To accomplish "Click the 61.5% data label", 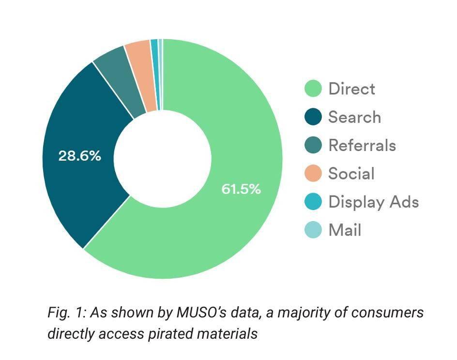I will tap(241, 189).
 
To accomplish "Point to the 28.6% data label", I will tap(80, 156).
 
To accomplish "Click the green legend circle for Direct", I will tap(313, 89).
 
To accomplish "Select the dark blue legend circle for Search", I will tap(313, 117).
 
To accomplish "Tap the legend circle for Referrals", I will tap(313, 145).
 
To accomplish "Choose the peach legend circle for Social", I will tap(313, 173).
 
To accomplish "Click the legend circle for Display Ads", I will tap(313, 201).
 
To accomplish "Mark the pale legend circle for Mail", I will tap(313, 229).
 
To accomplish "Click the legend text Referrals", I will tap(362, 145).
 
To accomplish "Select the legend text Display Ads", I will tap(373, 201).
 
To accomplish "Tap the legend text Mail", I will tap(345, 229).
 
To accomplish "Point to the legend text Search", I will tap(354, 117).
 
